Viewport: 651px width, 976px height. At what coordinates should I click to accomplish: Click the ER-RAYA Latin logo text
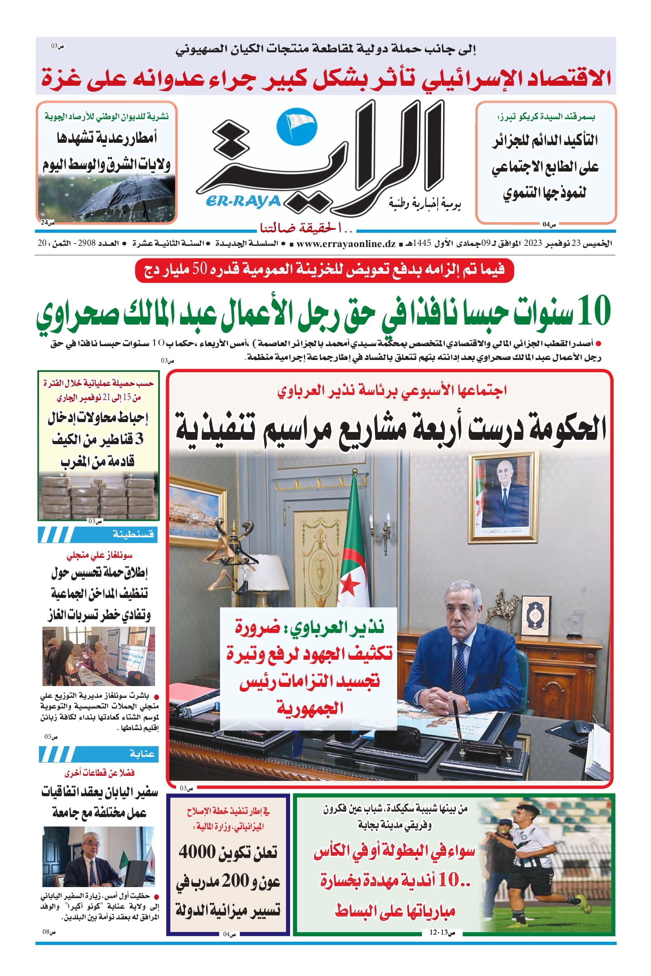point(243,201)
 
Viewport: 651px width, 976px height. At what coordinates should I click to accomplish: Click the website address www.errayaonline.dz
point(346,244)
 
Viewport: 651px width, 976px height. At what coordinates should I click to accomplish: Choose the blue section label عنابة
point(142,754)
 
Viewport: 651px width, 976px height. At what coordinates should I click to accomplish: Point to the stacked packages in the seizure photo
point(98,495)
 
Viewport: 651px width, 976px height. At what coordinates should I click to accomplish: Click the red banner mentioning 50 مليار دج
point(324,270)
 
